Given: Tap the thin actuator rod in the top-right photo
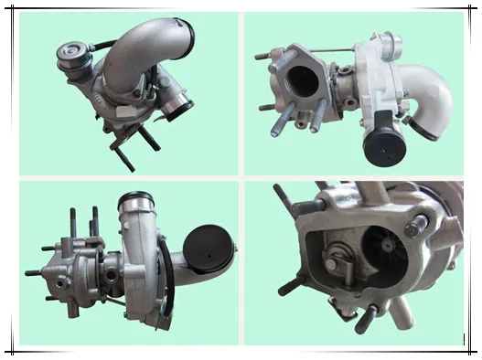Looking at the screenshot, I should point(338,48).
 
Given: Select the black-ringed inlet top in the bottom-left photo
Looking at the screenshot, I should point(136,196).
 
